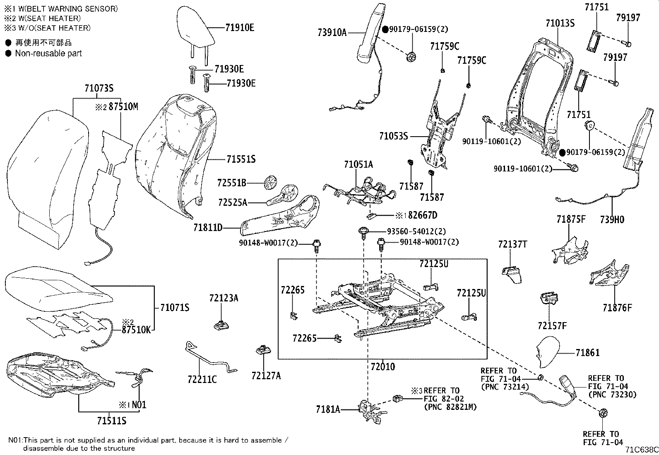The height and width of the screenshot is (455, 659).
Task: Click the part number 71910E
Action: [x=240, y=28]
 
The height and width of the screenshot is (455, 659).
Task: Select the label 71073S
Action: [x=99, y=88]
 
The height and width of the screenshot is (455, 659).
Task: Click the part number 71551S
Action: [x=241, y=159]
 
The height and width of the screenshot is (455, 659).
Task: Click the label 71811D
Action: [x=208, y=228]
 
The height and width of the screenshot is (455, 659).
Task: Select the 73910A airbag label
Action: [x=332, y=31]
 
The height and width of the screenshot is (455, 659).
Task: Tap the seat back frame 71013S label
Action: [x=560, y=23]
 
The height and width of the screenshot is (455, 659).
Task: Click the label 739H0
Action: [x=612, y=220]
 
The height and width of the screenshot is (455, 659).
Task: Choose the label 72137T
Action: [x=512, y=244]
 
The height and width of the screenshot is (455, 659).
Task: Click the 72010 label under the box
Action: [x=382, y=366]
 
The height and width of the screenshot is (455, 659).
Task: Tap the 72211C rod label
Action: [x=202, y=379]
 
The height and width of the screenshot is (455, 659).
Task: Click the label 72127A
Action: [x=266, y=376]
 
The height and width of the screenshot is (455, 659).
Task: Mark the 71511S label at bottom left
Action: [x=111, y=421]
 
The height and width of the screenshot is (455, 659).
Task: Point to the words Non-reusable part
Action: [x=48, y=53]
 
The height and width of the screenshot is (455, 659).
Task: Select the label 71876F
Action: [x=617, y=308]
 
